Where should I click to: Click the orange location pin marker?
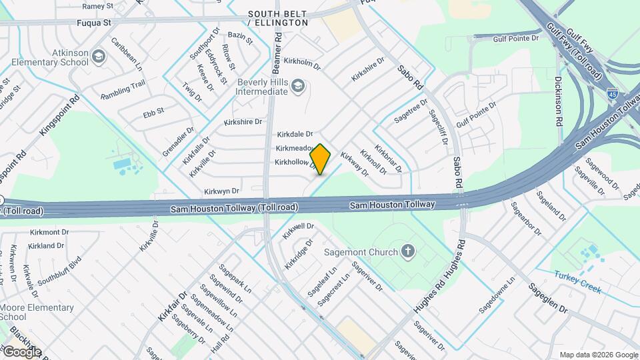[x=321, y=159]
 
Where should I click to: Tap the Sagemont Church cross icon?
[x=408, y=251]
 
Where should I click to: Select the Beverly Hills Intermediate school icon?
[x=298, y=85]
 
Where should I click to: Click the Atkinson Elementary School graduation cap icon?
[x=99, y=55]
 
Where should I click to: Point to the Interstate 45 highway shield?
[x=612, y=94]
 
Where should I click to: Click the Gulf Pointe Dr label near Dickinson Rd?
[x=516, y=39]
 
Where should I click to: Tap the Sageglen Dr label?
[x=548, y=299]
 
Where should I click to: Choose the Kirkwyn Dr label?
[x=221, y=191]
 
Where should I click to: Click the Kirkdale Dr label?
[x=295, y=134]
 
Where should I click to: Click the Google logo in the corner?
[x=22, y=351]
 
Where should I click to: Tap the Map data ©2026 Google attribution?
[x=599, y=355]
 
